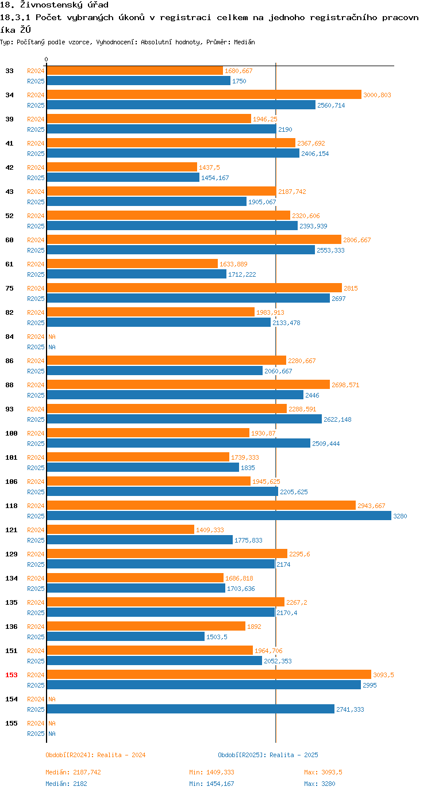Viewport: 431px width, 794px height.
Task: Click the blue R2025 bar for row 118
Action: pyautogui.click(x=218, y=516)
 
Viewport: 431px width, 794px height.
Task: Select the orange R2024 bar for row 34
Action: pyautogui.click(x=204, y=95)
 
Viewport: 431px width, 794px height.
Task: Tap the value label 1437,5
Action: pyautogui.click(x=209, y=167)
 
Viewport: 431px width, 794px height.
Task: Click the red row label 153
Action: pyautogui.click(x=11, y=675)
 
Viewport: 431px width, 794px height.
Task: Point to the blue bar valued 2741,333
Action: pyautogui.click(x=190, y=709)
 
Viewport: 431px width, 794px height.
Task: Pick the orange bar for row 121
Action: pyautogui.click(x=120, y=530)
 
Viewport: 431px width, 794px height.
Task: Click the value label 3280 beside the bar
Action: pyautogui.click(x=400, y=516)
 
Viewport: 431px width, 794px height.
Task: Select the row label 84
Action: pyautogui.click(x=10, y=337)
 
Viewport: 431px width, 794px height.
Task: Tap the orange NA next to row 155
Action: pyautogui.click(x=52, y=723)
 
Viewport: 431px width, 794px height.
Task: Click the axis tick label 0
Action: pyautogui.click(x=47, y=59)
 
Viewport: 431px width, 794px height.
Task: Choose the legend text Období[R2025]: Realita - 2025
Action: pyautogui.click(x=268, y=755)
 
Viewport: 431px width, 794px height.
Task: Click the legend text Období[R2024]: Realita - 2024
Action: pyautogui.click(x=95, y=755)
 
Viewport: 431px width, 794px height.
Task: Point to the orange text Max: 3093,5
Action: pyautogui.click(x=323, y=772)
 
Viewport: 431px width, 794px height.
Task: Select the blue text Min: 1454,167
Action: pyautogui.click(x=211, y=784)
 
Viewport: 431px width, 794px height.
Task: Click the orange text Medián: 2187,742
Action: pyautogui.click(x=73, y=772)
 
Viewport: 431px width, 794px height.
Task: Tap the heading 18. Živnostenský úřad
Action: pyautogui.click(x=54, y=5)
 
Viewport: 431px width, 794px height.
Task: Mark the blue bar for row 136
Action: pyautogui.click(x=125, y=637)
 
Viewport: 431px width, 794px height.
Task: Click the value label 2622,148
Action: pyautogui.click(x=337, y=419)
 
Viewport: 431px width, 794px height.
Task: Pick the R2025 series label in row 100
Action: pyautogui.click(x=36, y=444)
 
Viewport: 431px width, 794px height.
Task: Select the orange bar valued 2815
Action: pyautogui.click(x=194, y=288)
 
